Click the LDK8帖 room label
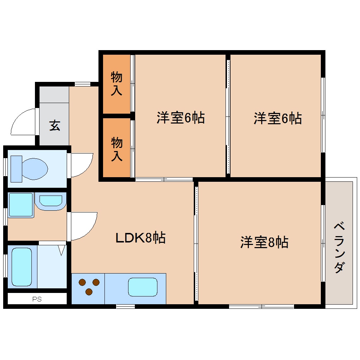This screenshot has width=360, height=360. (x=140, y=238)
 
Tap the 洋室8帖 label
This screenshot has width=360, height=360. (x=264, y=242)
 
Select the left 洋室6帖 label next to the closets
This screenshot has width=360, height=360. (x=180, y=118)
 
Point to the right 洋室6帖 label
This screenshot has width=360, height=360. (x=277, y=118)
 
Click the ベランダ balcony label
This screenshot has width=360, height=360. (x=339, y=247)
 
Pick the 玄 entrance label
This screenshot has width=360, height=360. (x=54, y=125)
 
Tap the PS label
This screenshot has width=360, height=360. (x=37, y=299)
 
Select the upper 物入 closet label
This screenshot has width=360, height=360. (x=116, y=84)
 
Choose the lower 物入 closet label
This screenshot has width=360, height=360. (x=117, y=149)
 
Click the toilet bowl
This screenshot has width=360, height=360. (x=34, y=168)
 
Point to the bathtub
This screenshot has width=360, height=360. (x=22, y=266)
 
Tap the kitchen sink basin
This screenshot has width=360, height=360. (x=143, y=287)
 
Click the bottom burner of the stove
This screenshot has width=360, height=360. (x=89, y=292)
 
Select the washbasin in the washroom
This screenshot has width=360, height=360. (x=50, y=200)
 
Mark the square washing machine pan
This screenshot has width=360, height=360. (x=21, y=205)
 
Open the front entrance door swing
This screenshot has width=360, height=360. (x=23, y=122)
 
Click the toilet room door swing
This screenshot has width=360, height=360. (x=81, y=164)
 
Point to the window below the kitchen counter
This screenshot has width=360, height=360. (x=125, y=306)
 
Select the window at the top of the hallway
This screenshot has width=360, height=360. (x=83, y=84)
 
